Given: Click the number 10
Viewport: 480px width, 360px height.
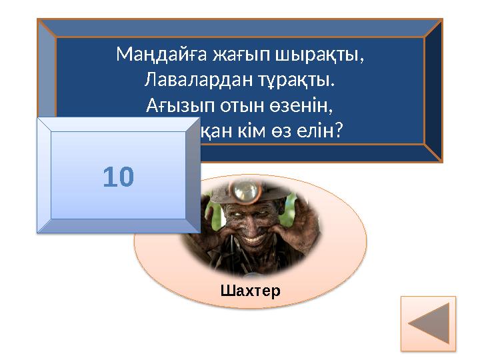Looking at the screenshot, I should click(x=119, y=177).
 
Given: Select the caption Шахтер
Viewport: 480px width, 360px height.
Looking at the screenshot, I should click(x=250, y=291).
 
